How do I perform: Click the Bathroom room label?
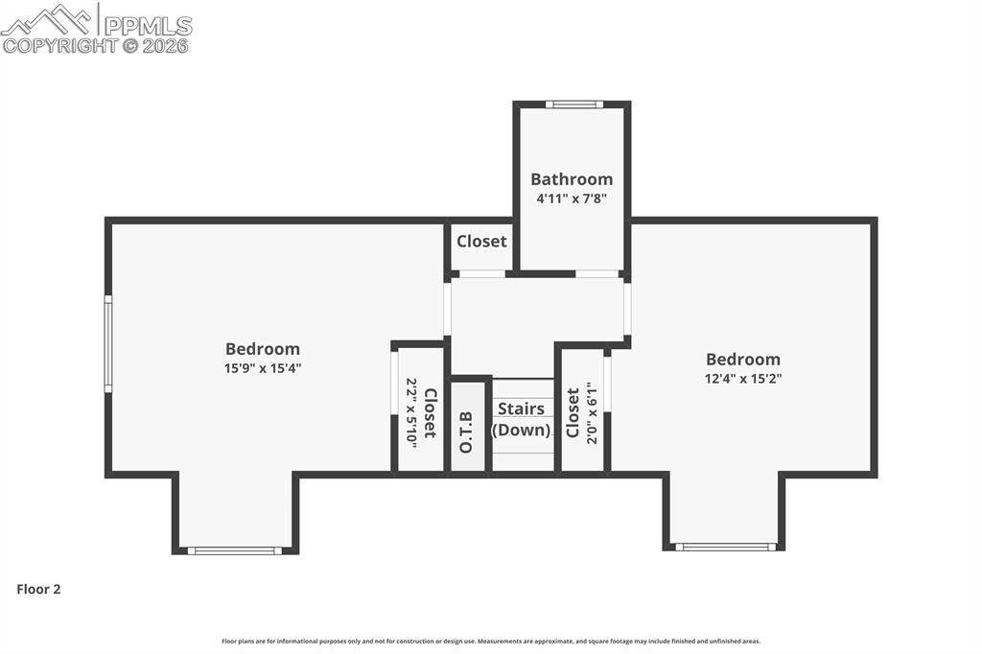coord(572,179)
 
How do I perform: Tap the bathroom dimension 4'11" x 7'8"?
coord(572,199)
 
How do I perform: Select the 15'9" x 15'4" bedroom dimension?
coord(263,368)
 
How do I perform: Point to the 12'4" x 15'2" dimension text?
coord(742,379)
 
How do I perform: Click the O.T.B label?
coord(467,432)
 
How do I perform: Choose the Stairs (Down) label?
coord(522,420)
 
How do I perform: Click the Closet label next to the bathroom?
coord(481,242)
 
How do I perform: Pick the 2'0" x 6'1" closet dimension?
coord(592,412)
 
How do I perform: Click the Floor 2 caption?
coord(38,590)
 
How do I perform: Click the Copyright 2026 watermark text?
coord(96,45)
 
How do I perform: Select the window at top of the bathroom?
coord(574,105)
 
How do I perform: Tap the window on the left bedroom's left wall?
coord(108,343)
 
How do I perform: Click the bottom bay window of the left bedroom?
coord(235,550)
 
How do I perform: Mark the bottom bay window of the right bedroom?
coord(725,547)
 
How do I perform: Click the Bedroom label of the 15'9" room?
coord(263,349)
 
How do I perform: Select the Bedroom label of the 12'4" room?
coord(742,360)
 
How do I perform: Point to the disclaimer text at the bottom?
coord(491,642)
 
